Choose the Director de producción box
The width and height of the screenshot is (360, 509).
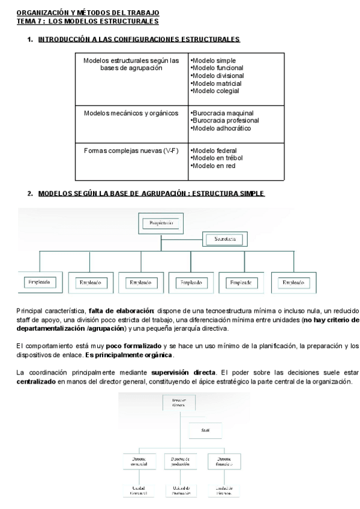(x=179, y=460)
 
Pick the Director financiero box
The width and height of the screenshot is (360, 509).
(x=220, y=460)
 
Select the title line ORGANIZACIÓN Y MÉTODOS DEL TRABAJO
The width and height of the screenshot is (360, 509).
(x=88, y=13)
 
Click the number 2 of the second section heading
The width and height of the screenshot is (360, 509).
(x=29, y=193)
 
